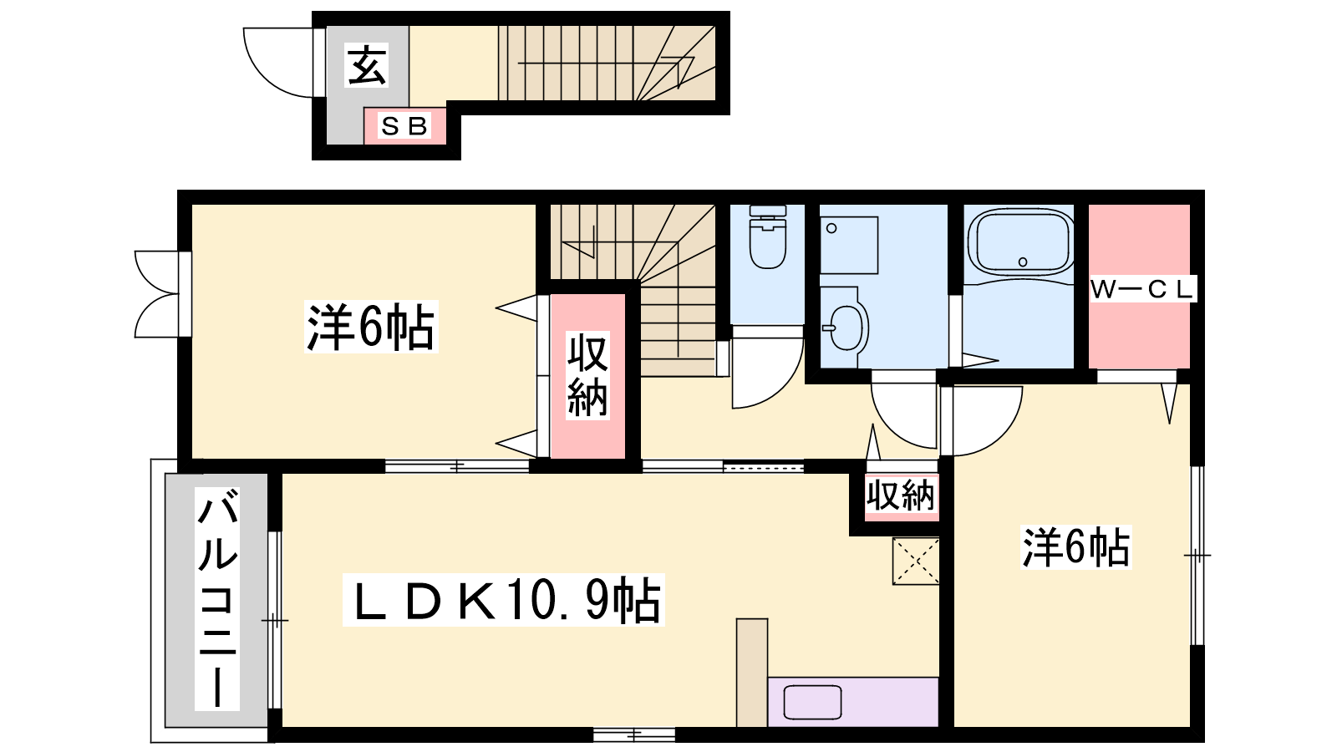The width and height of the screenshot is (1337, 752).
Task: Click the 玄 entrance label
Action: (x=367, y=65)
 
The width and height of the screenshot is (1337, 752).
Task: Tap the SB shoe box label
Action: (x=404, y=126)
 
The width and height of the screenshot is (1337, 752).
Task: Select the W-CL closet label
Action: (x=1141, y=289)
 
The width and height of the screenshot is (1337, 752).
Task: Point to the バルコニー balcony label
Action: (x=217, y=598)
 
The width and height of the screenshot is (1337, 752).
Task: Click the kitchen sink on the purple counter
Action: (x=812, y=702)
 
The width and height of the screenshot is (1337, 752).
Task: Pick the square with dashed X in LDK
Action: (x=916, y=561)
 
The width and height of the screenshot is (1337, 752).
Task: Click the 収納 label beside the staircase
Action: (x=587, y=375)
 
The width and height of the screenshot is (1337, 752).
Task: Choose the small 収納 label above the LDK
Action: (x=901, y=494)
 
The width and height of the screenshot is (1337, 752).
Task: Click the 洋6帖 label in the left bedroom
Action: (x=371, y=327)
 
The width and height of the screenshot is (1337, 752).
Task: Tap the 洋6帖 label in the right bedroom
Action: (x=1075, y=546)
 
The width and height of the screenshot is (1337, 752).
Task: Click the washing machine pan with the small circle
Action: (x=849, y=246)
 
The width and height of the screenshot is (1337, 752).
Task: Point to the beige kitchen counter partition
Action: (x=752, y=673)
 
